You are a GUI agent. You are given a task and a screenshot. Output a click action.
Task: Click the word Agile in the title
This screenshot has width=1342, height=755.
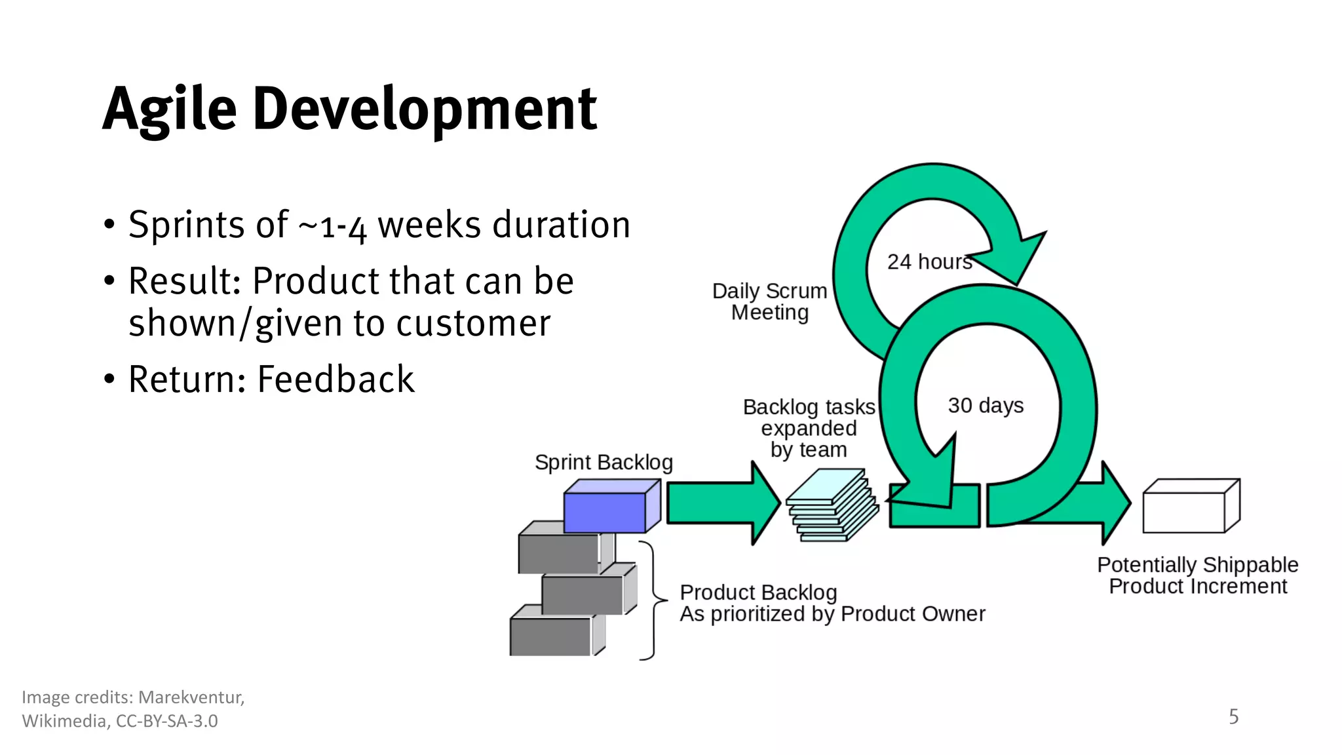[169, 109]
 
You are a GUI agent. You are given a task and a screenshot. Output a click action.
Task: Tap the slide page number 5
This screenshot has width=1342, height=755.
[1233, 716]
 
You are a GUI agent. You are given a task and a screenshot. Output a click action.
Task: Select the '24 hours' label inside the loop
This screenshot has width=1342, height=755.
[929, 262]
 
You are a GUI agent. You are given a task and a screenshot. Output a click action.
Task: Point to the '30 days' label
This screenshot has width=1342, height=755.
[985, 406]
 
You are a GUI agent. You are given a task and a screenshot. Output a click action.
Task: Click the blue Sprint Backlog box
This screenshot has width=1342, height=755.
[604, 512]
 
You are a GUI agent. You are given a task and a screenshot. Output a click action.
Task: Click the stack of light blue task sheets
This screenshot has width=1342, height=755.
[831, 506]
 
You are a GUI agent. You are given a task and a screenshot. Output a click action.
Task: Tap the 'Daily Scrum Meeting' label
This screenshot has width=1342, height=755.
[769, 301]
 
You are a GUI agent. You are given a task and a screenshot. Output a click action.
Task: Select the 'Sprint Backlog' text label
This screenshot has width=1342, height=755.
[604, 463]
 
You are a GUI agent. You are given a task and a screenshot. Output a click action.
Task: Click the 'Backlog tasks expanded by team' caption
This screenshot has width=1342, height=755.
[808, 429]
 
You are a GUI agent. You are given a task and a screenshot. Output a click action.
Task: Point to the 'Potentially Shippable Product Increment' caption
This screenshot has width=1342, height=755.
[1197, 575]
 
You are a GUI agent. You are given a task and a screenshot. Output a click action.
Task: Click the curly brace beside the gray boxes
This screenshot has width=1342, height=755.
[653, 600]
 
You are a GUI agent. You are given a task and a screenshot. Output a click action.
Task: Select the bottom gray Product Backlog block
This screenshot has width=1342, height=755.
[551, 636]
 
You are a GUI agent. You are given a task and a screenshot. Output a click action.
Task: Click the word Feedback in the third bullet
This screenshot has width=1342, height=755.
[335, 379]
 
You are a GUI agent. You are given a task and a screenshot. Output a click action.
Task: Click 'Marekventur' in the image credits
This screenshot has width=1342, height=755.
[191, 697]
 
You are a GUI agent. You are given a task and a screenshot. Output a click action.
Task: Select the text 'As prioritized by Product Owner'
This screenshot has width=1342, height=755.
[832, 614]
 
